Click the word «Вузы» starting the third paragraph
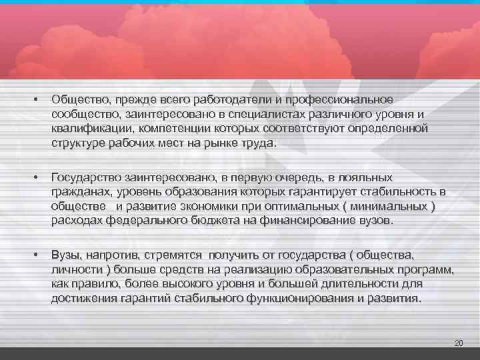tap(65, 255)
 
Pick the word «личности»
tap(73, 270)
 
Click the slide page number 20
tap(458, 343)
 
